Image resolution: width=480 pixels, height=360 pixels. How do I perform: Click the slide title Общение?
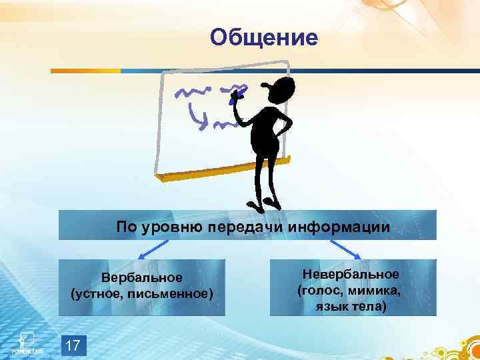[x=264, y=37]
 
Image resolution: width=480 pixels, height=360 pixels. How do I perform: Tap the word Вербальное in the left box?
[x=142, y=277]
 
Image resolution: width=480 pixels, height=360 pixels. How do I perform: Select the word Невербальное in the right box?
[x=351, y=275]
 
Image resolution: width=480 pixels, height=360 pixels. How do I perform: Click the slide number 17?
[x=73, y=345]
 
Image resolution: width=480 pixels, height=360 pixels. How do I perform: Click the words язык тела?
[x=351, y=307]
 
